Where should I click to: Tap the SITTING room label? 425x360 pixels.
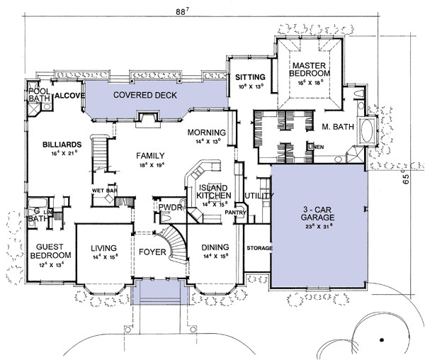point(250,77)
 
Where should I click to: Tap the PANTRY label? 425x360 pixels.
point(234,212)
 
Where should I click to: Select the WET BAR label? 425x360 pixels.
point(104,191)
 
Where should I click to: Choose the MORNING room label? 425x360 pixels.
point(206,133)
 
